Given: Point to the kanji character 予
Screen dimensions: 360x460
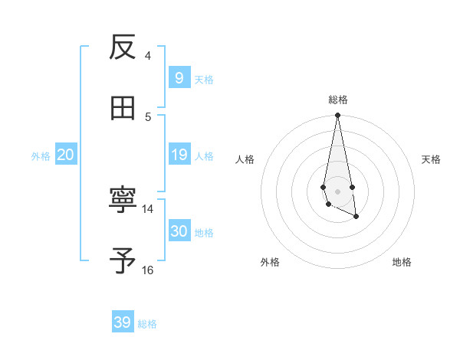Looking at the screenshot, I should [x=123, y=261].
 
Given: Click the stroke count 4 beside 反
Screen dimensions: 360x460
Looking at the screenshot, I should [x=147, y=55].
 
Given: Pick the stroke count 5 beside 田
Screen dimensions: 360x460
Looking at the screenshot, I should [x=147, y=116].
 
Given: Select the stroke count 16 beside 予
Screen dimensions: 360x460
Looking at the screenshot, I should [x=148, y=270].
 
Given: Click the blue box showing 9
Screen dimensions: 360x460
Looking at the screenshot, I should [x=179, y=77].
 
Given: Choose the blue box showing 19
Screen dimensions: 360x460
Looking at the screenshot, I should [x=179, y=155].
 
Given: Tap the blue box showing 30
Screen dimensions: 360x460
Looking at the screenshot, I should [x=179, y=231].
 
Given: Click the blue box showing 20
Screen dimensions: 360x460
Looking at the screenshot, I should [x=65, y=155].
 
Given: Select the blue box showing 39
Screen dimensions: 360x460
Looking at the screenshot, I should [x=123, y=322].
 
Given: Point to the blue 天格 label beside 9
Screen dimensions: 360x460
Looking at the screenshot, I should [x=204, y=79].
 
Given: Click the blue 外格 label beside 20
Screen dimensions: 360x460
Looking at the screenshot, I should [x=41, y=156].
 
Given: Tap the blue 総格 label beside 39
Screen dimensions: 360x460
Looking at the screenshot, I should [x=147, y=324].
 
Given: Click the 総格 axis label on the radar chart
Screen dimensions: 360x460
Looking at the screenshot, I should [x=337, y=100].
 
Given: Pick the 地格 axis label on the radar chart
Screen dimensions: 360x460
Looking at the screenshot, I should [x=402, y=263].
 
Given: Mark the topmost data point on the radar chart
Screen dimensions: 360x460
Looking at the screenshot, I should [x=337, y=116].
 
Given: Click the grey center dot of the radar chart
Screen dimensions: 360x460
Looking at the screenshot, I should [x=337, y=191].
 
